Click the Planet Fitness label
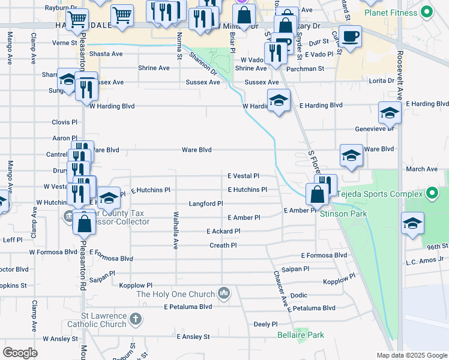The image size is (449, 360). (393, 12)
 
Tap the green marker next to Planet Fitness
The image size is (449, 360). (427, 11)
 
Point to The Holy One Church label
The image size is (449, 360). (175, 294)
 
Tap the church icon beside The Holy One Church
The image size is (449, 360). (224, 293)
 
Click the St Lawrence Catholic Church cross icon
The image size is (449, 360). (136, 319)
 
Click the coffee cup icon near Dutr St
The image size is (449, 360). (351, 36)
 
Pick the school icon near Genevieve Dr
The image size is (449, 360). (390, 113)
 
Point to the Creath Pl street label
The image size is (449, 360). (223, 245)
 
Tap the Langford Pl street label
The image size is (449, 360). (206, 204)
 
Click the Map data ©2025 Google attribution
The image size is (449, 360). (412, 355)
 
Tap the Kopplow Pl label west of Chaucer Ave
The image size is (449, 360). (136, 286)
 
